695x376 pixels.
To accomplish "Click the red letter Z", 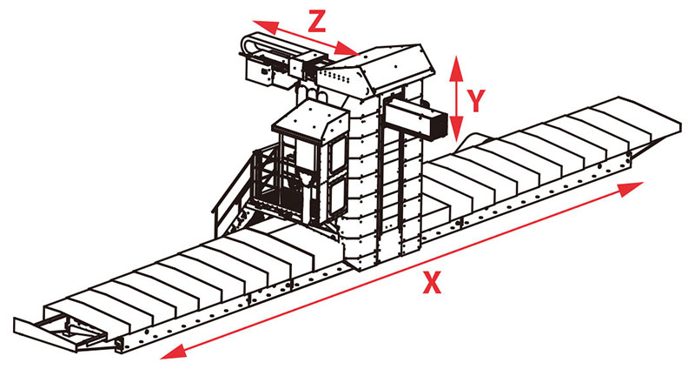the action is coord(317,21).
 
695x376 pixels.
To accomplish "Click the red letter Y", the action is coord(476,100).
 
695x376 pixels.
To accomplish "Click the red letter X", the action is coord(432,283).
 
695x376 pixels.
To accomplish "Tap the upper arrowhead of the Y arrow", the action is coord(456,68).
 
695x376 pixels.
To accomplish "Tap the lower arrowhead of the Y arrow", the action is coord(457,128).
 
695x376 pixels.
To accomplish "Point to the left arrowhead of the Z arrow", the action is coord(266,27).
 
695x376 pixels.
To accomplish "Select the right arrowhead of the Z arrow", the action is coord(346,49).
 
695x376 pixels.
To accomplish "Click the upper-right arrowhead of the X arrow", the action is coord(631,188).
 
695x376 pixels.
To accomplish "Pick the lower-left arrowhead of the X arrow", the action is coord(173,352).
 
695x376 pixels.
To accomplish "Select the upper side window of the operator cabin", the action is coord(338,156).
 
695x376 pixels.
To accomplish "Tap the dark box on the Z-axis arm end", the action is coord(258,71).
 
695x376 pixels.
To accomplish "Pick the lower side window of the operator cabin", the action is coord(338,198).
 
